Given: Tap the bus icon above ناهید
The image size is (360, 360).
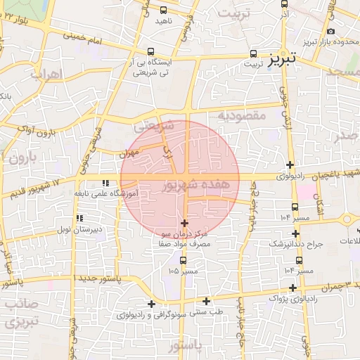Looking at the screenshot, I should (x=164, y=11).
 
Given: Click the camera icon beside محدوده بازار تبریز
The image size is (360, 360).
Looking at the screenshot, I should (x=331, y=32).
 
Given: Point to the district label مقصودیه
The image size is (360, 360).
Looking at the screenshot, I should (x=242, y=115).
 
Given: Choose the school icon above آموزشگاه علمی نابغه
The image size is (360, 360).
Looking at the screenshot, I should (x=105, y=184).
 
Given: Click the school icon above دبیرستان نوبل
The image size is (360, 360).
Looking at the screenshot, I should (x=79, y=218).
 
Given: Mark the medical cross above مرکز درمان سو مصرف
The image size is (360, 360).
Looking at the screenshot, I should (x=185, y=223).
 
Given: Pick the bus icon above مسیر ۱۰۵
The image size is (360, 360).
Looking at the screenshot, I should (x=183, y=260).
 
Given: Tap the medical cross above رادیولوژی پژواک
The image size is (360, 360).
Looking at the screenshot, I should (x=292, y=288).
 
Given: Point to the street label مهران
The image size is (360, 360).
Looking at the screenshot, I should (x=129, y=152).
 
